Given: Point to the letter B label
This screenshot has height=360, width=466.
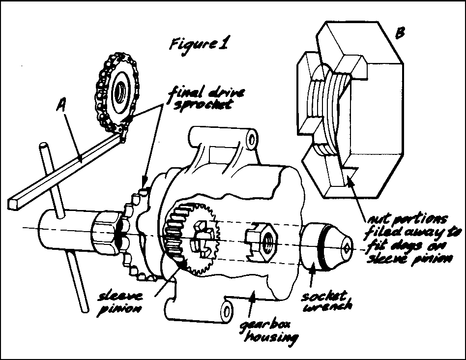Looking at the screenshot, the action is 400,33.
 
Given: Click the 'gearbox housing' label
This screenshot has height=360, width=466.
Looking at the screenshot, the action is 269,331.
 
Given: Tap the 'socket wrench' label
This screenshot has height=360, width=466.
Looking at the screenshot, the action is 327,301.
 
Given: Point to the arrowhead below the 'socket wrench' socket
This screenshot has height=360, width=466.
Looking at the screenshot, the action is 312,270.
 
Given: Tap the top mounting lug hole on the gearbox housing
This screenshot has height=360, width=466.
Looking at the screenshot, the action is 252,139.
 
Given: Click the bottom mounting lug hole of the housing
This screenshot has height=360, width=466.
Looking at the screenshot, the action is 227,311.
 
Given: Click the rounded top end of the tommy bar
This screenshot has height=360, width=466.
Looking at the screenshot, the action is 44,146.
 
